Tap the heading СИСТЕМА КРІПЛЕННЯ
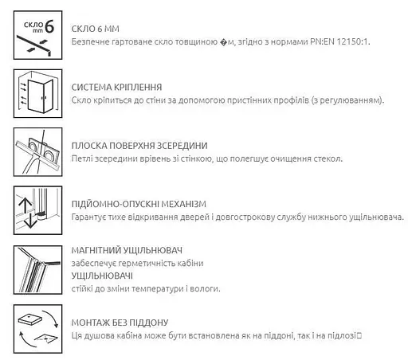click(x=118, y=86)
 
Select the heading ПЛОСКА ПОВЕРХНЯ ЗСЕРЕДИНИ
click(x=139, y=145)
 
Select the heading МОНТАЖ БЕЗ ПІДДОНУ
click(x=120, y=322)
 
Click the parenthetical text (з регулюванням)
click(x=343, y=100)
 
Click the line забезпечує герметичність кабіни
click(x=136, y=263)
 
